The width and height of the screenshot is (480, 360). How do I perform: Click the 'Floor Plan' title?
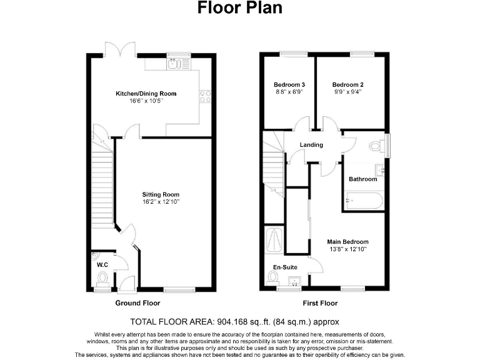tap(240, 8)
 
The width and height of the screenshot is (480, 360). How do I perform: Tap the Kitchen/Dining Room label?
tap(146, 94)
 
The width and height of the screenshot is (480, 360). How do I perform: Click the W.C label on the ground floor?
tap(102, 264)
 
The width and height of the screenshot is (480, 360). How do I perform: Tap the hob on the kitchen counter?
tap(204, 96)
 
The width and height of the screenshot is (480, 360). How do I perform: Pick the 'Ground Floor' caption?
tap(137, 303)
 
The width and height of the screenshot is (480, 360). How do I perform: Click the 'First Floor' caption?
tap(319, 303)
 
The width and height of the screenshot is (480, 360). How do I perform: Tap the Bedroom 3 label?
tap(289, 85)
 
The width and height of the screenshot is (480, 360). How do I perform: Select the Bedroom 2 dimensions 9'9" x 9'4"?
tap(347, 92)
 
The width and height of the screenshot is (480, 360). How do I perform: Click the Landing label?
tap(311, 145)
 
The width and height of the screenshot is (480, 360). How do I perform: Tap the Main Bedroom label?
tap(347, 241)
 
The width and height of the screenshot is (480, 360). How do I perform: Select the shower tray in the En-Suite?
tap(274, 239)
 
